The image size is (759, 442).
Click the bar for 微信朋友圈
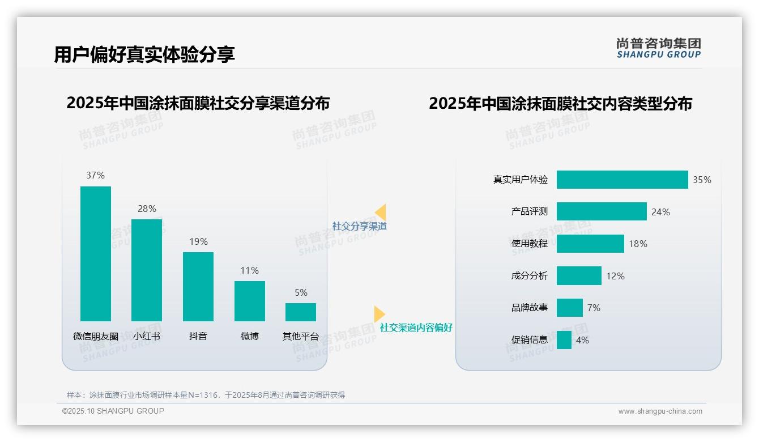tap(96, 253)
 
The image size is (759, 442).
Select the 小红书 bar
tap(147, 270)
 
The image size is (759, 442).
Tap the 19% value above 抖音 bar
tap(198, 241)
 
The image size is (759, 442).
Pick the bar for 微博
tap(250, 301)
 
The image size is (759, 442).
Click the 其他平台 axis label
tap(301, 336)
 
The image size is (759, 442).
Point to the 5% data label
tap(301, 292)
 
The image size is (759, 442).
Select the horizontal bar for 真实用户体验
tap(622, 180)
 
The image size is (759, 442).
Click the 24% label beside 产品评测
tap(660, 212)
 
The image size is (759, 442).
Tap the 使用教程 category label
tap(530, 244)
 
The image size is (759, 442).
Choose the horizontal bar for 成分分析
tap(579, 276)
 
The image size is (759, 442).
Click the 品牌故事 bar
tap(569, 308)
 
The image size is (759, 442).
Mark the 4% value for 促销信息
tap(582, 340)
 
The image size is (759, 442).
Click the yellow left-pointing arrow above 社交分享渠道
tap(381, 212)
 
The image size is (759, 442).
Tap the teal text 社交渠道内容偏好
tap(416, 328)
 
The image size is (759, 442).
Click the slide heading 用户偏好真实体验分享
tap(144, 54)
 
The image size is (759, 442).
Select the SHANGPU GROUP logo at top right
tap(659, 48)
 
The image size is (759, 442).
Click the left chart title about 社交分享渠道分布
tap(198, 103)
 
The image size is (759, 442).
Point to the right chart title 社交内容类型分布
tap(560, 104)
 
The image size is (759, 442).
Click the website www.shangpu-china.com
tap(660, 411)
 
